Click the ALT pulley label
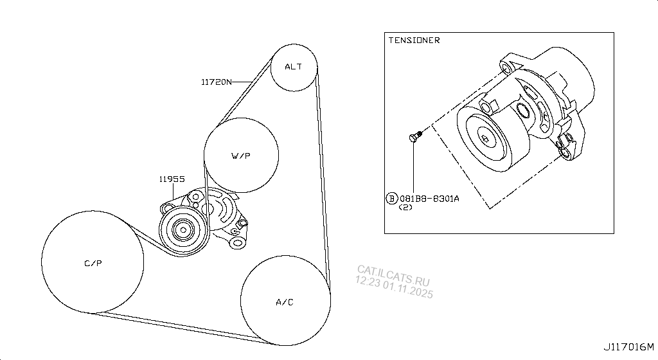(293, 67)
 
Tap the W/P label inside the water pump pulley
(241, 156)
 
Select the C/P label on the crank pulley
(93, 263)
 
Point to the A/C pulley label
(285, 302)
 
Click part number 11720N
(216, 82)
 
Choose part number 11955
(172, 179)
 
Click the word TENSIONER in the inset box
(414, 40)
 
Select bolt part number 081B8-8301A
(429, 199)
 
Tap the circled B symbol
(391, 199)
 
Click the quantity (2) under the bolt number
(405, 207)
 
